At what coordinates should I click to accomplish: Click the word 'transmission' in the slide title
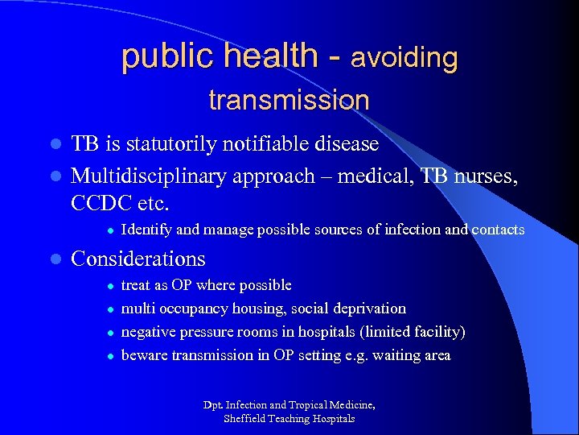pos(289,101)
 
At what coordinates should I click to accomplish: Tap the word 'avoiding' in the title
pos(404,58)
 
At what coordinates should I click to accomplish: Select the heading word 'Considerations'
pos(138,259)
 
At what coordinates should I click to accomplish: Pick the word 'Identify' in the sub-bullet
pos(146,230)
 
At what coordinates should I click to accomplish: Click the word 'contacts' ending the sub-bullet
pos(498,230)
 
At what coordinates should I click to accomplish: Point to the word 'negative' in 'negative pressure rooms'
pos(146,332)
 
